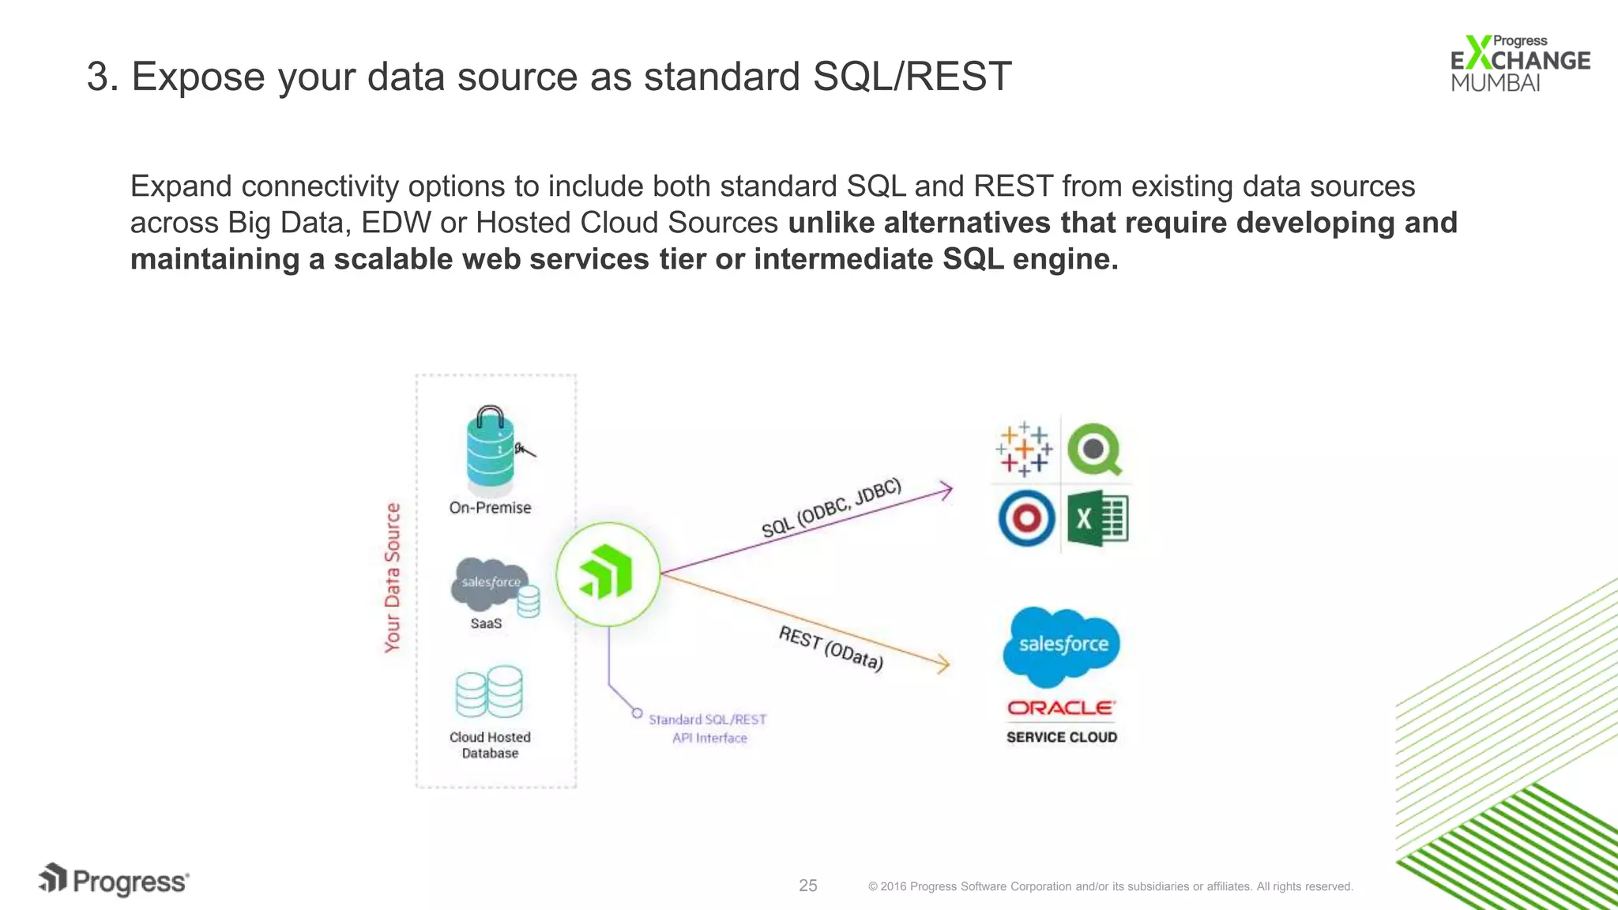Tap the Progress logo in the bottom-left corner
[114, 881]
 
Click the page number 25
[807, 886]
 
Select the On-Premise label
[490, 508]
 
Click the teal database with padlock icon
[491, 448]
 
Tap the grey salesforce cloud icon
[489, 583]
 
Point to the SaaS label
[486, 623]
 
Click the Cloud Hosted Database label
[490, 745]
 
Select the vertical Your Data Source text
[393, 577]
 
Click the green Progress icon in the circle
[608, 574]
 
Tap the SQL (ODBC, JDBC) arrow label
[830, 509]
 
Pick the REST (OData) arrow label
[830, 648]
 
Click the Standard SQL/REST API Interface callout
[708, 728]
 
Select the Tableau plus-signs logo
[1024, 449]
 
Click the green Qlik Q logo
[1095, 449]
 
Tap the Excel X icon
[1097, 518]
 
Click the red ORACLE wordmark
[1061, 708]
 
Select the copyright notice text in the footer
[1110, 886]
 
